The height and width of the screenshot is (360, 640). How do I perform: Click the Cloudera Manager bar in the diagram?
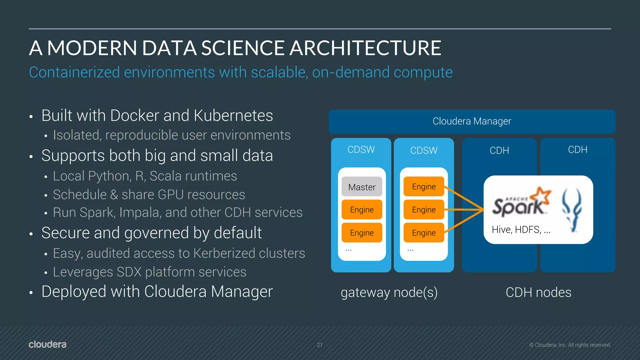pyautogui.click(x=472, y=121)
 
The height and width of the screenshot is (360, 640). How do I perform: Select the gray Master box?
pyautogui.click(x=362, y=187)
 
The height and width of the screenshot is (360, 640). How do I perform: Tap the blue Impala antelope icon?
pyautogui.click(x=572, y=210)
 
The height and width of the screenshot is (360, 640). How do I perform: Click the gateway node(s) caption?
pyautogui.click(x=389, y=292)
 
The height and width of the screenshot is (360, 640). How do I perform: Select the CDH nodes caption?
pyautogui.click(x=538, y=292)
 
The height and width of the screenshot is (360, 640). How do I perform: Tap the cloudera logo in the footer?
pyautogui.click(x=47, y=344)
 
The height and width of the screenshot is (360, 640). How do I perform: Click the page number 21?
pyautogui.click(x=319, y=345)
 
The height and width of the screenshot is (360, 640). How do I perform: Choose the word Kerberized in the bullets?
pyautogui.click(x=224, y=253)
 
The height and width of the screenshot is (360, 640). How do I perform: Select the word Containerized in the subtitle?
pyautogui.click(x=74, y=72)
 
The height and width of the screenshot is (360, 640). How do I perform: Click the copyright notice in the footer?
pyautogui.click(x=570, y=345)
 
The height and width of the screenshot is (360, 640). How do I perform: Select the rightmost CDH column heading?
pyautogui.click(x=577, y=150)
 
